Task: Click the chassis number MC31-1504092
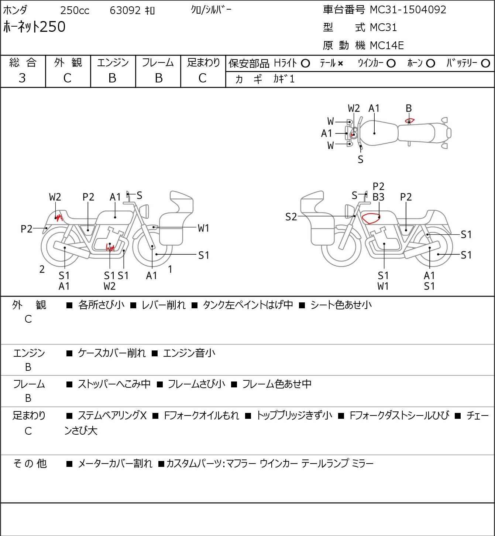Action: (408, 10)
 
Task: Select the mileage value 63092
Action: (125, 10)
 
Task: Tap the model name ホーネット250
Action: (34, 27)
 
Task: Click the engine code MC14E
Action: (387, 45)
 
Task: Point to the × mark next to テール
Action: (340, 64)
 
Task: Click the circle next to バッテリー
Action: (485, 64)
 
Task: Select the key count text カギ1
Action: (284, 79)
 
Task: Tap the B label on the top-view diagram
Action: (409, 108)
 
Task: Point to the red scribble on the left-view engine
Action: (110, 247)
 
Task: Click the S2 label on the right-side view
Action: (291, 217)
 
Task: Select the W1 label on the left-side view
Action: (203, 228)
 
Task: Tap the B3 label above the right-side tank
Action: (378, 197)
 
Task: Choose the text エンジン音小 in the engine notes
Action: (189, 353)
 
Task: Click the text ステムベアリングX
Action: (112, 415)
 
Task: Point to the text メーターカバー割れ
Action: (115, 464)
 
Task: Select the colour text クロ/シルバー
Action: (211, 10)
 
